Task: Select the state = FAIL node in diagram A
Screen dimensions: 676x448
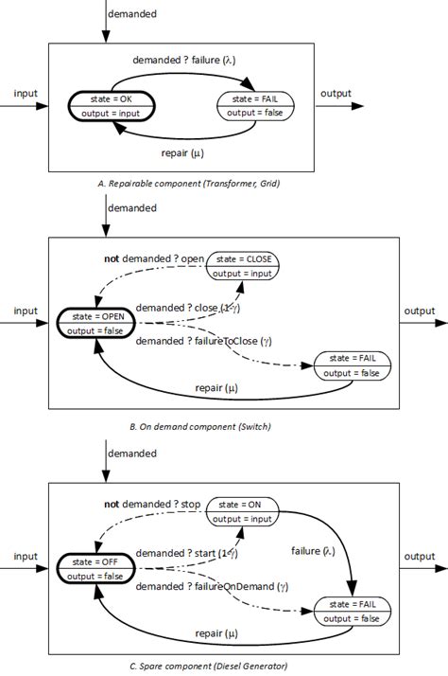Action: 255,106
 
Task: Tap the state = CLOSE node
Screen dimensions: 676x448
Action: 245,266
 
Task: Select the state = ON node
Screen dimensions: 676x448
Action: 245,511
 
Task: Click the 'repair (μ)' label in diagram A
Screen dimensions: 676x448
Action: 182,152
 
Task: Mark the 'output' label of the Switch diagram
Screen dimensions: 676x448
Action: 420,311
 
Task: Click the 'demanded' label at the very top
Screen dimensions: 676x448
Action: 132,15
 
